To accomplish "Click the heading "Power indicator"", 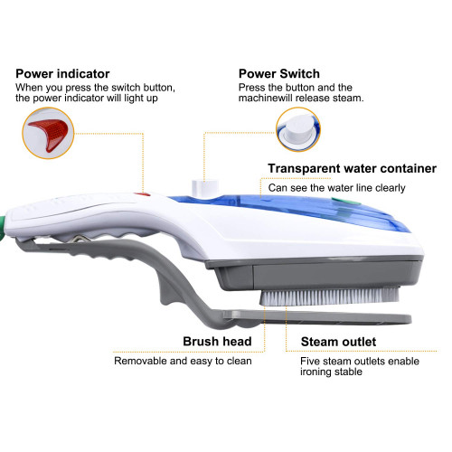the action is click(62, 74).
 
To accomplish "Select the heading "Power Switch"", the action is click(279, 74).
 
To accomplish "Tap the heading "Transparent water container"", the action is click(352, 168).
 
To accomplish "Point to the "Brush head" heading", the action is click(217, 342).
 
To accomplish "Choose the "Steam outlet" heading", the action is click(338, 342).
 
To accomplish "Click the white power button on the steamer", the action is click(205, 187).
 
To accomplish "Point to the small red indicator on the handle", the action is click(142, 194).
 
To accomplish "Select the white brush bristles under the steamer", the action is click(329, 296).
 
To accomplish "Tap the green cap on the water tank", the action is click(345, 202).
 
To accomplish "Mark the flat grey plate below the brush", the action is click(317, 318).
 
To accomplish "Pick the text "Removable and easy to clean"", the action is click(183, 361).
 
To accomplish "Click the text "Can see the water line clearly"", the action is click(336, 188).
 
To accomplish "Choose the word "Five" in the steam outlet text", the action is click(310, 361).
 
